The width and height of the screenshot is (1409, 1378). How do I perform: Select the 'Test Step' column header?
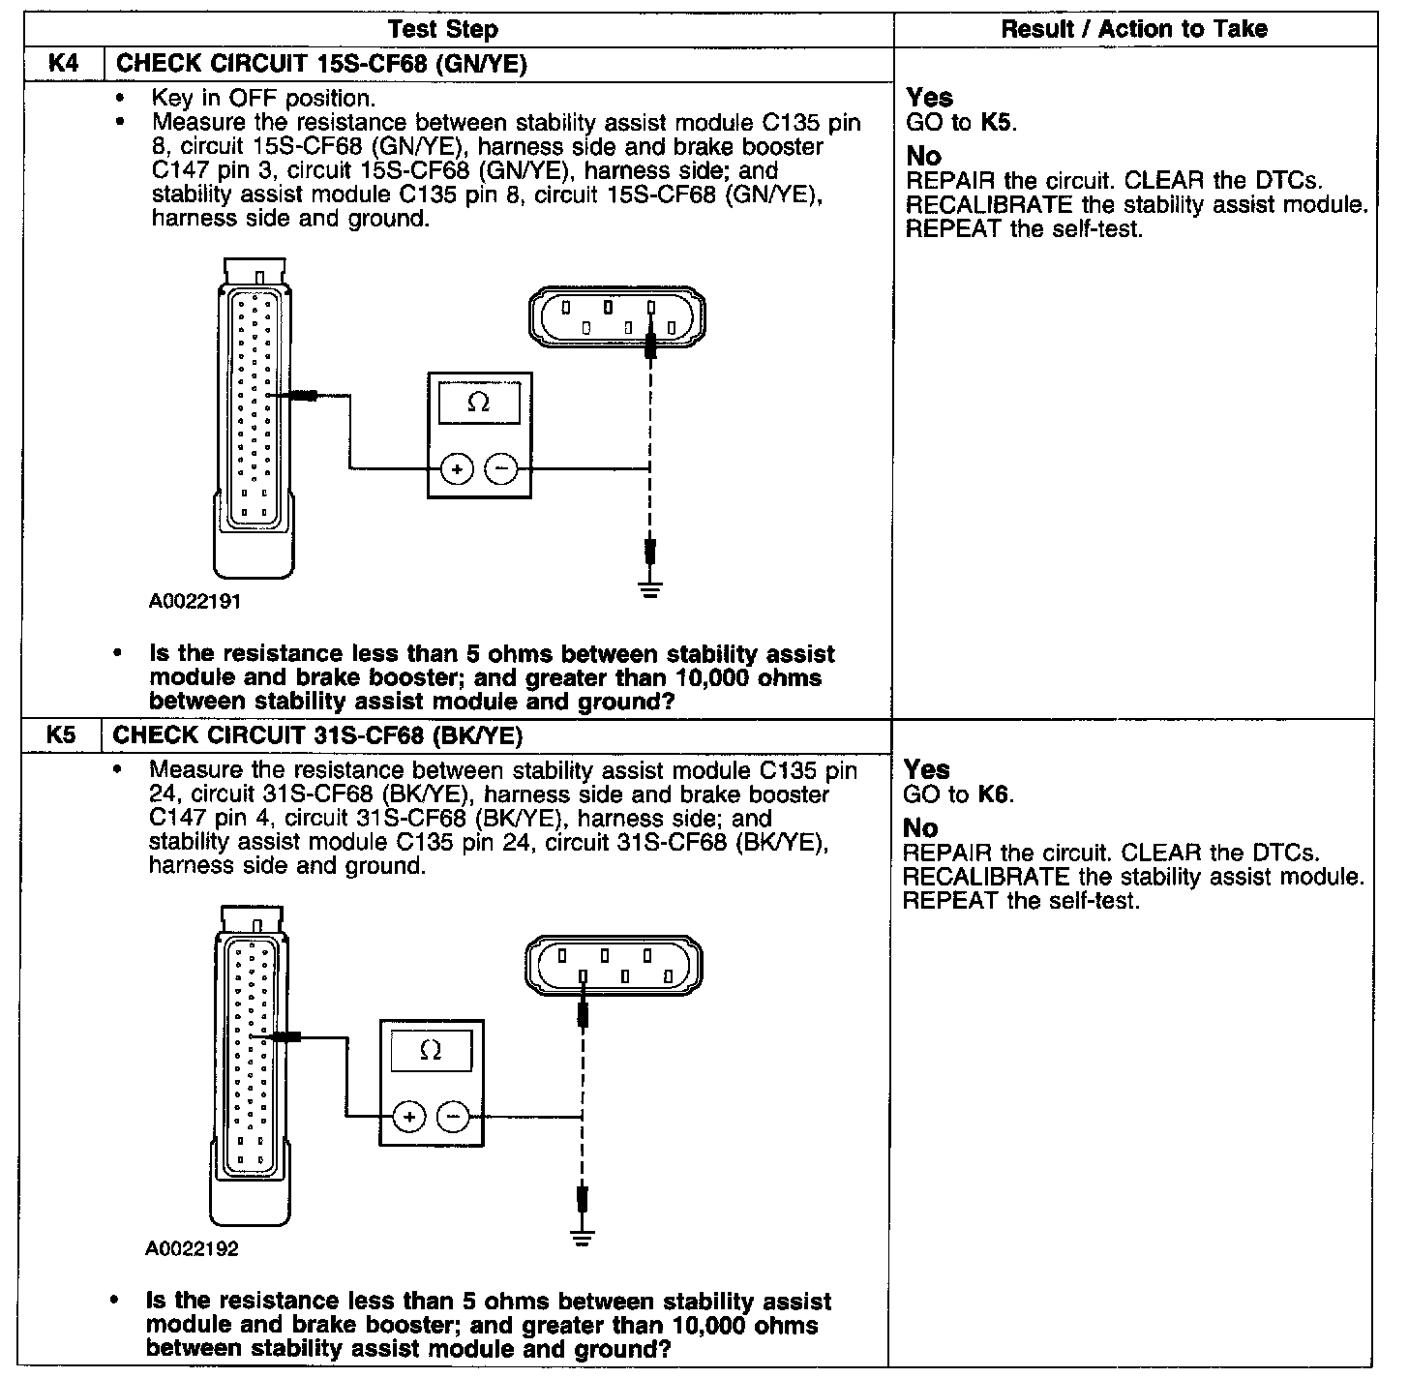[x=443, y=29]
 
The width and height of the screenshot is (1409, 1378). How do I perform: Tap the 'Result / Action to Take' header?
[x=1133, y=29]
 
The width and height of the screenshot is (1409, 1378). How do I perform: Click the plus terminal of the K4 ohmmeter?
[x=457, y=470]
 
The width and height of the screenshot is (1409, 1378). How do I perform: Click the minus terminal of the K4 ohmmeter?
[x=501, y=470]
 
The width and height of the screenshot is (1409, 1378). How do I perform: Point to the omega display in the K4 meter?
[x=479, y=403]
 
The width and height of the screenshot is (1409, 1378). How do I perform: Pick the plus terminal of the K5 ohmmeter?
[x=409, y=1117]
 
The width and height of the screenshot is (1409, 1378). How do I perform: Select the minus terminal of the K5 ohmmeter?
[x=453, y=1117]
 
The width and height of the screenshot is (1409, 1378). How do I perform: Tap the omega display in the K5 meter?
[x=432, y=1050]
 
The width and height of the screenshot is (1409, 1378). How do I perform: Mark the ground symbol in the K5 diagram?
[x=582, y=1236]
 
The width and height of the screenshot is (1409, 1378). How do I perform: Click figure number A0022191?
[x=195, y=602]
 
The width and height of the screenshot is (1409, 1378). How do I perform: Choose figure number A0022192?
[x=193, y=1248]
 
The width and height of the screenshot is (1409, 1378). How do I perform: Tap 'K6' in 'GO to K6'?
[x=994, y=795]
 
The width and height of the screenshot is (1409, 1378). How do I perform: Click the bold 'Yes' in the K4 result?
[x=929, y=98]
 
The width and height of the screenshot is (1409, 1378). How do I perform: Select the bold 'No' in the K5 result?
[x=921, y=828]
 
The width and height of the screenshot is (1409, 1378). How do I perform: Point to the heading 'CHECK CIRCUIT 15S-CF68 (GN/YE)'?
[x=321, y=64]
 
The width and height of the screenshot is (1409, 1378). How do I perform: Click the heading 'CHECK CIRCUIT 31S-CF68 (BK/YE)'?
[x=318, y=735]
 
